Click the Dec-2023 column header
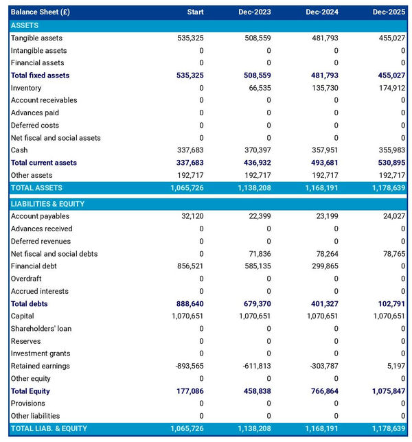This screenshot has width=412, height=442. click(254, 12)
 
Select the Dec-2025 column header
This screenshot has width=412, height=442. click(389, 12)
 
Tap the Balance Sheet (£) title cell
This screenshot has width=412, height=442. click(40, 12)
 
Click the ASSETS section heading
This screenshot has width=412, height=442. click(25, 25)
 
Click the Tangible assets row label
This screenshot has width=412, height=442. click(36, 38)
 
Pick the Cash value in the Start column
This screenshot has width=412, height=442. click(190, 150)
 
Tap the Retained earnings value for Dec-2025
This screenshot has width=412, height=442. click(395, 366)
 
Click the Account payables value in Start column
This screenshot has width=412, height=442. click(192, 216)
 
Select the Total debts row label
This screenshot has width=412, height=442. click(29, 303)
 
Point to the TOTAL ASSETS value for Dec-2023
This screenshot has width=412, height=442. click(253, 187)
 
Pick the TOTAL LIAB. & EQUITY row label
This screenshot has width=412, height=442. click(49, 428)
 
